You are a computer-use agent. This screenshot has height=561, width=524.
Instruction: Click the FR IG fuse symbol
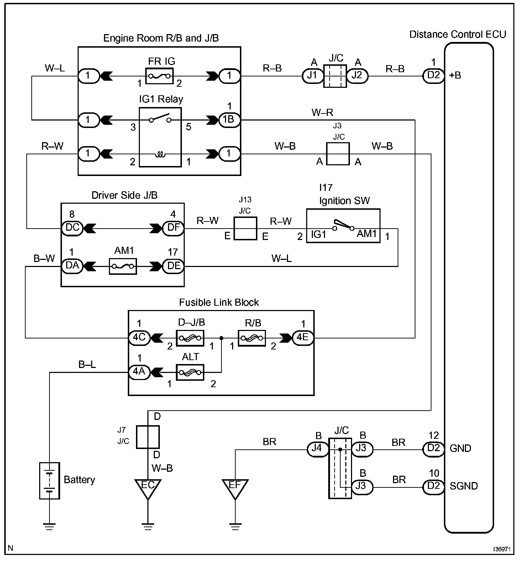pos(159,76)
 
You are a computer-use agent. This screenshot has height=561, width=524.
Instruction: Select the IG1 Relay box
pos(160,137)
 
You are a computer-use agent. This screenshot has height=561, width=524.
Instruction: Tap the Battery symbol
pos(49,480)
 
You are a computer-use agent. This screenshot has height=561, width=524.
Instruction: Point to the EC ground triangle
pos(148,488)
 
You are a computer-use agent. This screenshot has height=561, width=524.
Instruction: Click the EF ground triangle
pos(235,488)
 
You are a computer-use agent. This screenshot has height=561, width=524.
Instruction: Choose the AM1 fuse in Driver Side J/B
pos(123,266)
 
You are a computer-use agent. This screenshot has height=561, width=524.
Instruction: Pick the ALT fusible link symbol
pos(190,373)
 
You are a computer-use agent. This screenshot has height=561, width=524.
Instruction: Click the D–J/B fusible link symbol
pos(190,337)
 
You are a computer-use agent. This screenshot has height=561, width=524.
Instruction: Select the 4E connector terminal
pos(303,337)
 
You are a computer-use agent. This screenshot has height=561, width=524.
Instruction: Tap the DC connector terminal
pos(72,228)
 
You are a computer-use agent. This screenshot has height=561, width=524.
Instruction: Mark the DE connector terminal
pos(173,266)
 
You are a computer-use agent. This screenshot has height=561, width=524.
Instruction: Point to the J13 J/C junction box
pos(245,228)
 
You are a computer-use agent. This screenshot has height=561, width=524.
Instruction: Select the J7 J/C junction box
pos(148,437)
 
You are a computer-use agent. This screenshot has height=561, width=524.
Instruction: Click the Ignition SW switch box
pos(343,225)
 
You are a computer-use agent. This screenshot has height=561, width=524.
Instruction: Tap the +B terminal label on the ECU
pos(455,75)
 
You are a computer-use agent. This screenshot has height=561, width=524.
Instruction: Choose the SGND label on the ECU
pos(463,486)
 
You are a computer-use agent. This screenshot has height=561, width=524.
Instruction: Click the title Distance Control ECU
pos(457,34)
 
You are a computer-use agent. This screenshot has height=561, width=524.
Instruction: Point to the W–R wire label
pos(322,113)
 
